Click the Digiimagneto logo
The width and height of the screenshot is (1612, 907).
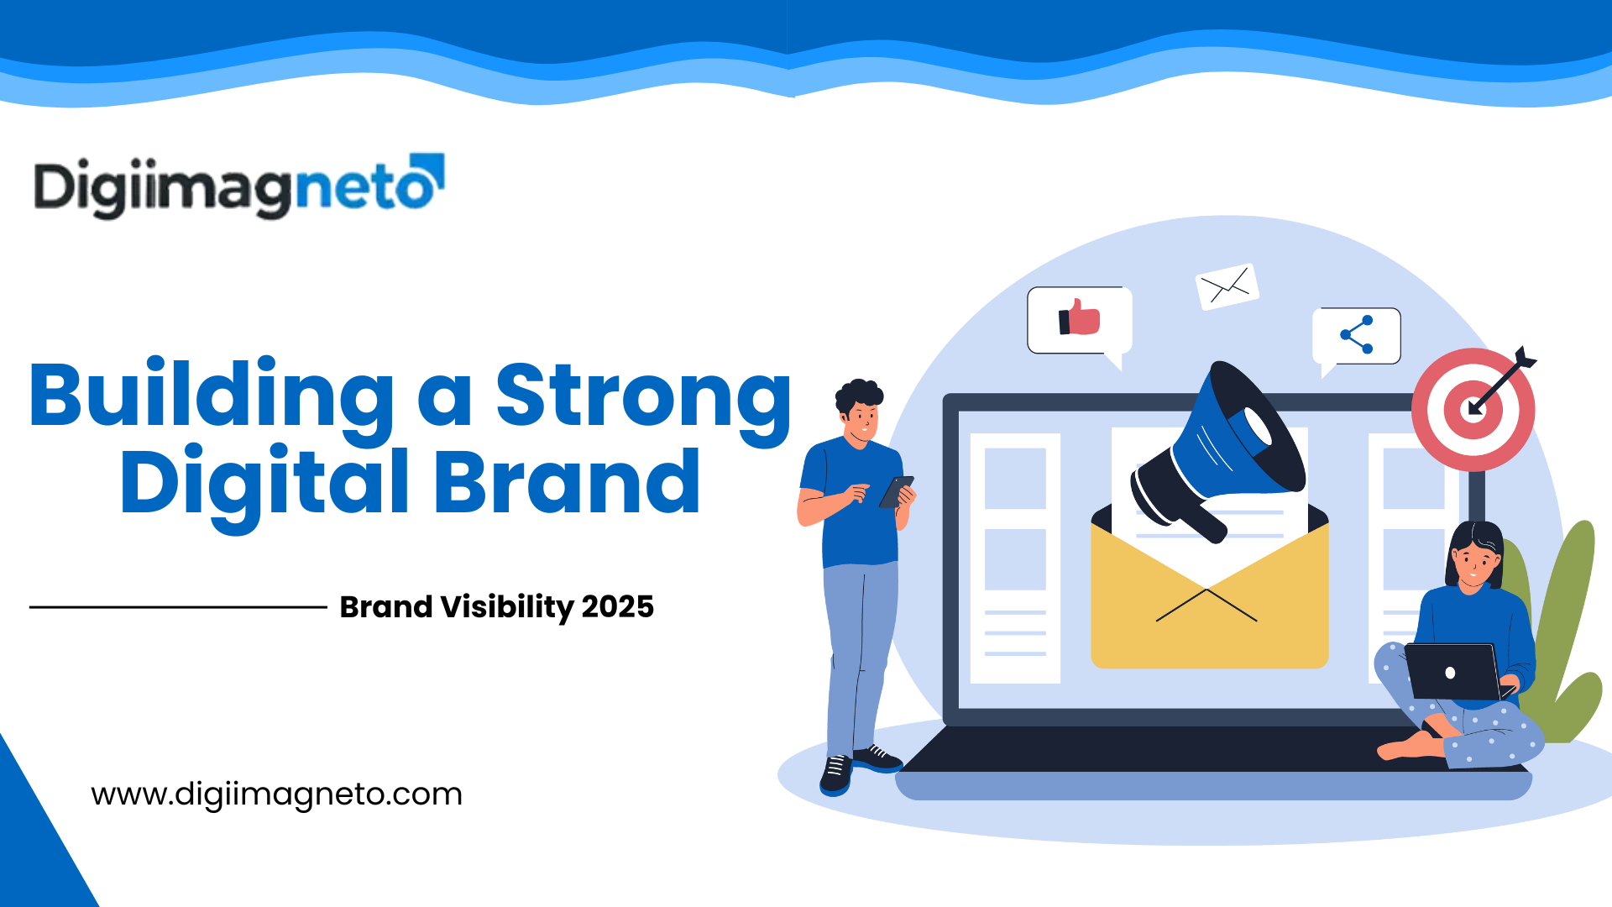coord(238,186)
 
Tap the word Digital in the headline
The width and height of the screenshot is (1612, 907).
coord(264,483)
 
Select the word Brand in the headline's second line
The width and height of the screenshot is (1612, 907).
coord(567,483)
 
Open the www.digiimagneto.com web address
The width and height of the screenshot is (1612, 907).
coord(276,794)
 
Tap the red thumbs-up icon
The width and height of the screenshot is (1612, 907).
coord(1081,318)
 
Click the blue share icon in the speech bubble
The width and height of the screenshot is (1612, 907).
coord(1358,334)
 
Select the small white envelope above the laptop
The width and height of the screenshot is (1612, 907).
coord(1227,287)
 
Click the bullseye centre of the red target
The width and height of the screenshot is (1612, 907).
coord(1473,410)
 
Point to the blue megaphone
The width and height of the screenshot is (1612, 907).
coord(1226,449)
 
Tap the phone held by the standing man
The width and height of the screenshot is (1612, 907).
coord(895,492)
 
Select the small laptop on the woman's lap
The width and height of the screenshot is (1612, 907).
coord(1452,672)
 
